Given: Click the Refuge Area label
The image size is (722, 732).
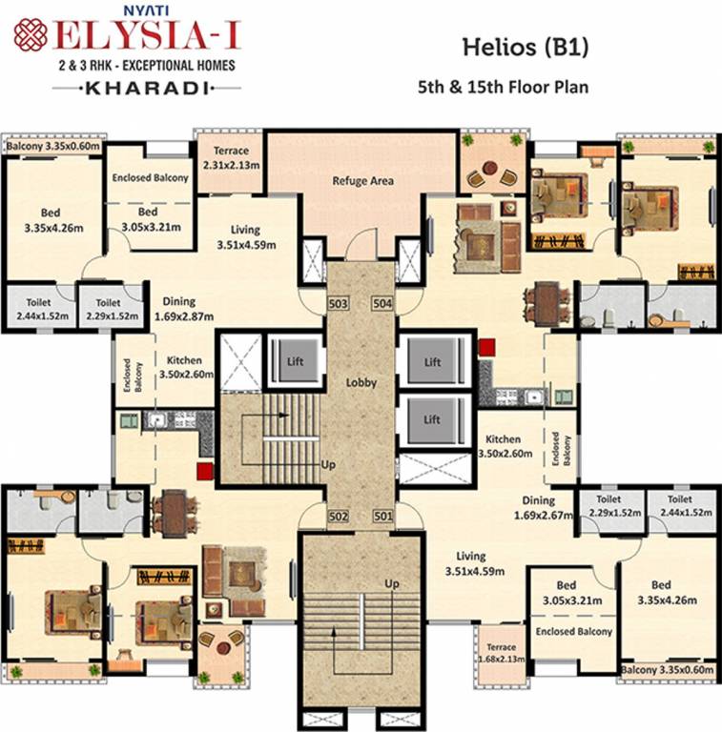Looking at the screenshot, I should [362, 180].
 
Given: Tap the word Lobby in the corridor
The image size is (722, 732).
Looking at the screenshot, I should [362, 382].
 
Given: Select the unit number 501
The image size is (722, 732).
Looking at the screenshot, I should [383, 517].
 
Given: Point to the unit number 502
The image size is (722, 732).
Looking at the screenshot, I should [339, 517].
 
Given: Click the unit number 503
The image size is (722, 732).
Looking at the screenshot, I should [339, 304].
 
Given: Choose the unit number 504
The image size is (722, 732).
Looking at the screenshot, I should [383, 304].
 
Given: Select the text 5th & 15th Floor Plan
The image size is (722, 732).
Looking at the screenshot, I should [503, 86].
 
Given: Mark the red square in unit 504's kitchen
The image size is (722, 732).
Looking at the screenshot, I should [487, 347].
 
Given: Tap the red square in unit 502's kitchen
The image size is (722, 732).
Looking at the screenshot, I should [202, 470].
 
